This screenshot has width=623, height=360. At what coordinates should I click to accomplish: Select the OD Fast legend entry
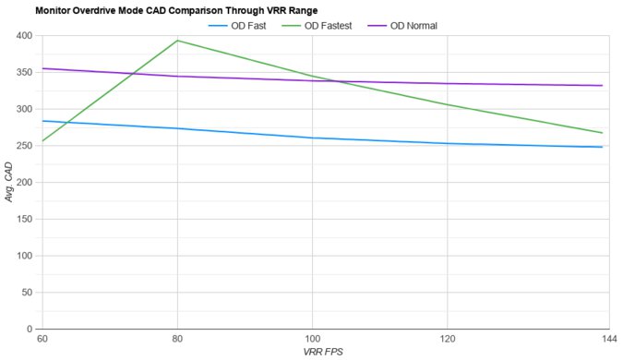(244, 25)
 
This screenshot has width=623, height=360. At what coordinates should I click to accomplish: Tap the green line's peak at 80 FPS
(176, 41)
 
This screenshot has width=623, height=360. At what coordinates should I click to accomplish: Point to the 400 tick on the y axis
(23, 36)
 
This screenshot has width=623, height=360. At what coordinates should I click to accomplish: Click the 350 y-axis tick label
(23, 72)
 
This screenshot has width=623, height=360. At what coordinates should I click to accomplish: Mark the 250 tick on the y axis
(23, 146)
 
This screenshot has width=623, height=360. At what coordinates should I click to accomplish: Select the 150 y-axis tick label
(23, 219)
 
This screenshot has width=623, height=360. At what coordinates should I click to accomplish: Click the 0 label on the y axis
(29, 329)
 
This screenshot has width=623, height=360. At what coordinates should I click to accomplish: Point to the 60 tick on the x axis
(42, 340)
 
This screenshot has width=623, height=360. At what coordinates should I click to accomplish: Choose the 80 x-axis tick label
(176, 340)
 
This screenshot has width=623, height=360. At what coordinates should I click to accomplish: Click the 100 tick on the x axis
(311, 340)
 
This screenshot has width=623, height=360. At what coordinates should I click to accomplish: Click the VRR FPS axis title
(322, 353)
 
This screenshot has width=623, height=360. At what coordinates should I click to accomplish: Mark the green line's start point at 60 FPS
(42, 141)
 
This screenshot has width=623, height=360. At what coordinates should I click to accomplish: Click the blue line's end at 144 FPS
(603, 147)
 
